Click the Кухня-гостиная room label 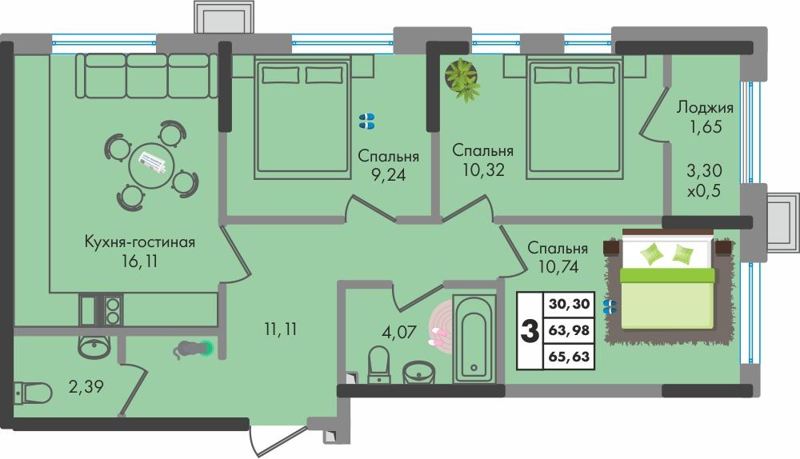pyautogui.click(x=140, y=241)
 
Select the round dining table pyautogui.click(x=152, y=166)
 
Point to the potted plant pyautogui.click(x=462, y=79)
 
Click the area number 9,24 pyautogui.click(x=388, y=175)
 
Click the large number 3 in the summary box pyautogui.click(x=529, y=331)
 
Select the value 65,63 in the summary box pyautogui.click(x=569, y=357)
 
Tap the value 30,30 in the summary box pyautogui.click(x=569, y=304)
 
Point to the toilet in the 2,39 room pyautogui.click(x=32, y=393)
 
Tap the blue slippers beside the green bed pyautogui.click(x=610, y=305)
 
